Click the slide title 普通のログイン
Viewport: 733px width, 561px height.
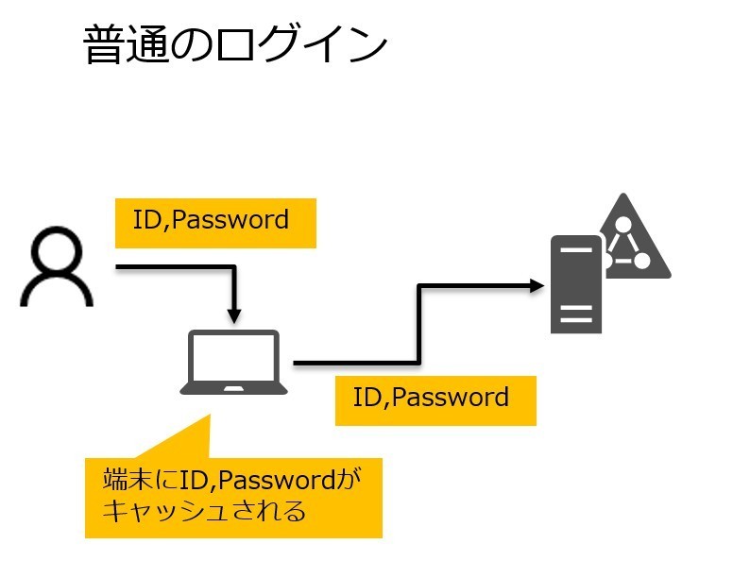pyautogui.click(x=235, y=45)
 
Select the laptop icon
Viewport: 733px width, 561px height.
pyautogui.click(x=234, y=362)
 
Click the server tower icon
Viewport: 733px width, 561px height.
pyautogui.click(x=575, y=284)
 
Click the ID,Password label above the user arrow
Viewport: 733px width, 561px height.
pyautogui.click(x=214, y=221)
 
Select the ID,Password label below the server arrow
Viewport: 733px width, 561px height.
pyautogui.click(x=435, y=399)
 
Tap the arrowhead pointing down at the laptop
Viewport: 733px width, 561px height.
pyautogui.click(x=234, y=314)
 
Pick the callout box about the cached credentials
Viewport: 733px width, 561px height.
pyautogui.click(x=233, y=497)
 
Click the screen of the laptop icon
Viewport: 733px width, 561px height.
pyautogui.click(x=234, y=356)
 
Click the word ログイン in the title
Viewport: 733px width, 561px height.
pyautogui.click(x=302, y=45)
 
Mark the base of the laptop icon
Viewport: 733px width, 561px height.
pyautogui.click(x=234, y=387)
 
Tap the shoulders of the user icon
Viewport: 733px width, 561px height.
pyautogui.click(x=57, y=293)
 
